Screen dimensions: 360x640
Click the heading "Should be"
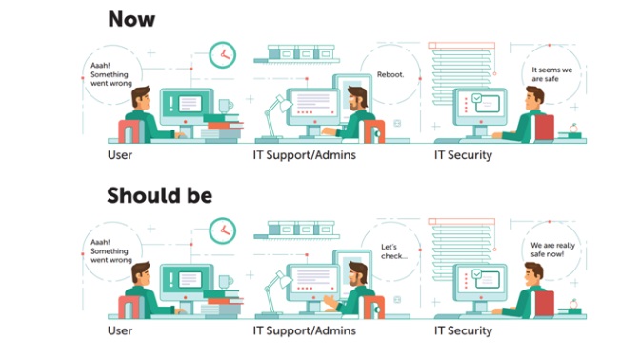pos(159,195)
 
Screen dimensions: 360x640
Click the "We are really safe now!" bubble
pos(552,250)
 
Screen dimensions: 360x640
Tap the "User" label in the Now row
pos(120,154)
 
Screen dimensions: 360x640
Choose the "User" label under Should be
pos(120,330)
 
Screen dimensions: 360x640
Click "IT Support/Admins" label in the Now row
pos(305,154)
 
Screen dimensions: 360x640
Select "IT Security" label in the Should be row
pos(463,330)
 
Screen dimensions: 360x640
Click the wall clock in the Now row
pos(222,53)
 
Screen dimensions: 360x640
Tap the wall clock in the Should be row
pos(222,230)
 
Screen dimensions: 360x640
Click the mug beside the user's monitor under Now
pos(224,106)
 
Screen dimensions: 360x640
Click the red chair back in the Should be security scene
pos(544,304)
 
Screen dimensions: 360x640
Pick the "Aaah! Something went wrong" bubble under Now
pos(108,72)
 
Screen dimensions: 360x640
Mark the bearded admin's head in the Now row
pos(355,99)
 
